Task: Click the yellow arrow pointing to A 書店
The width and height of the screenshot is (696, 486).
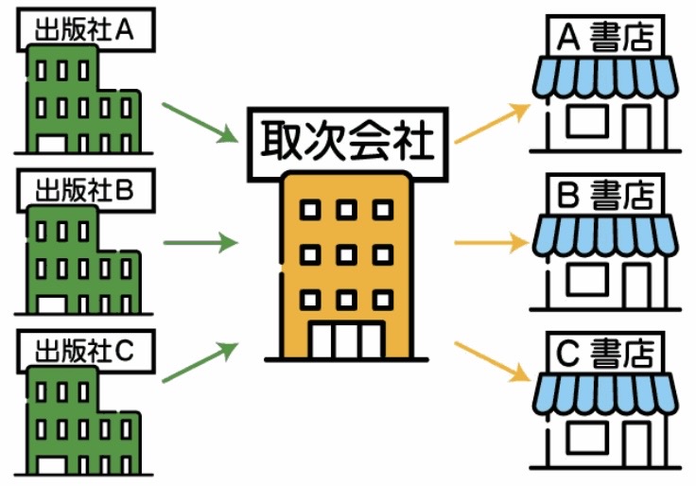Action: (x=491, y=124)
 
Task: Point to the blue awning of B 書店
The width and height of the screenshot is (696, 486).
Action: (x=605, y=235)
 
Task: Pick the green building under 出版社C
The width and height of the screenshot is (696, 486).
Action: (x=76, y=416)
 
